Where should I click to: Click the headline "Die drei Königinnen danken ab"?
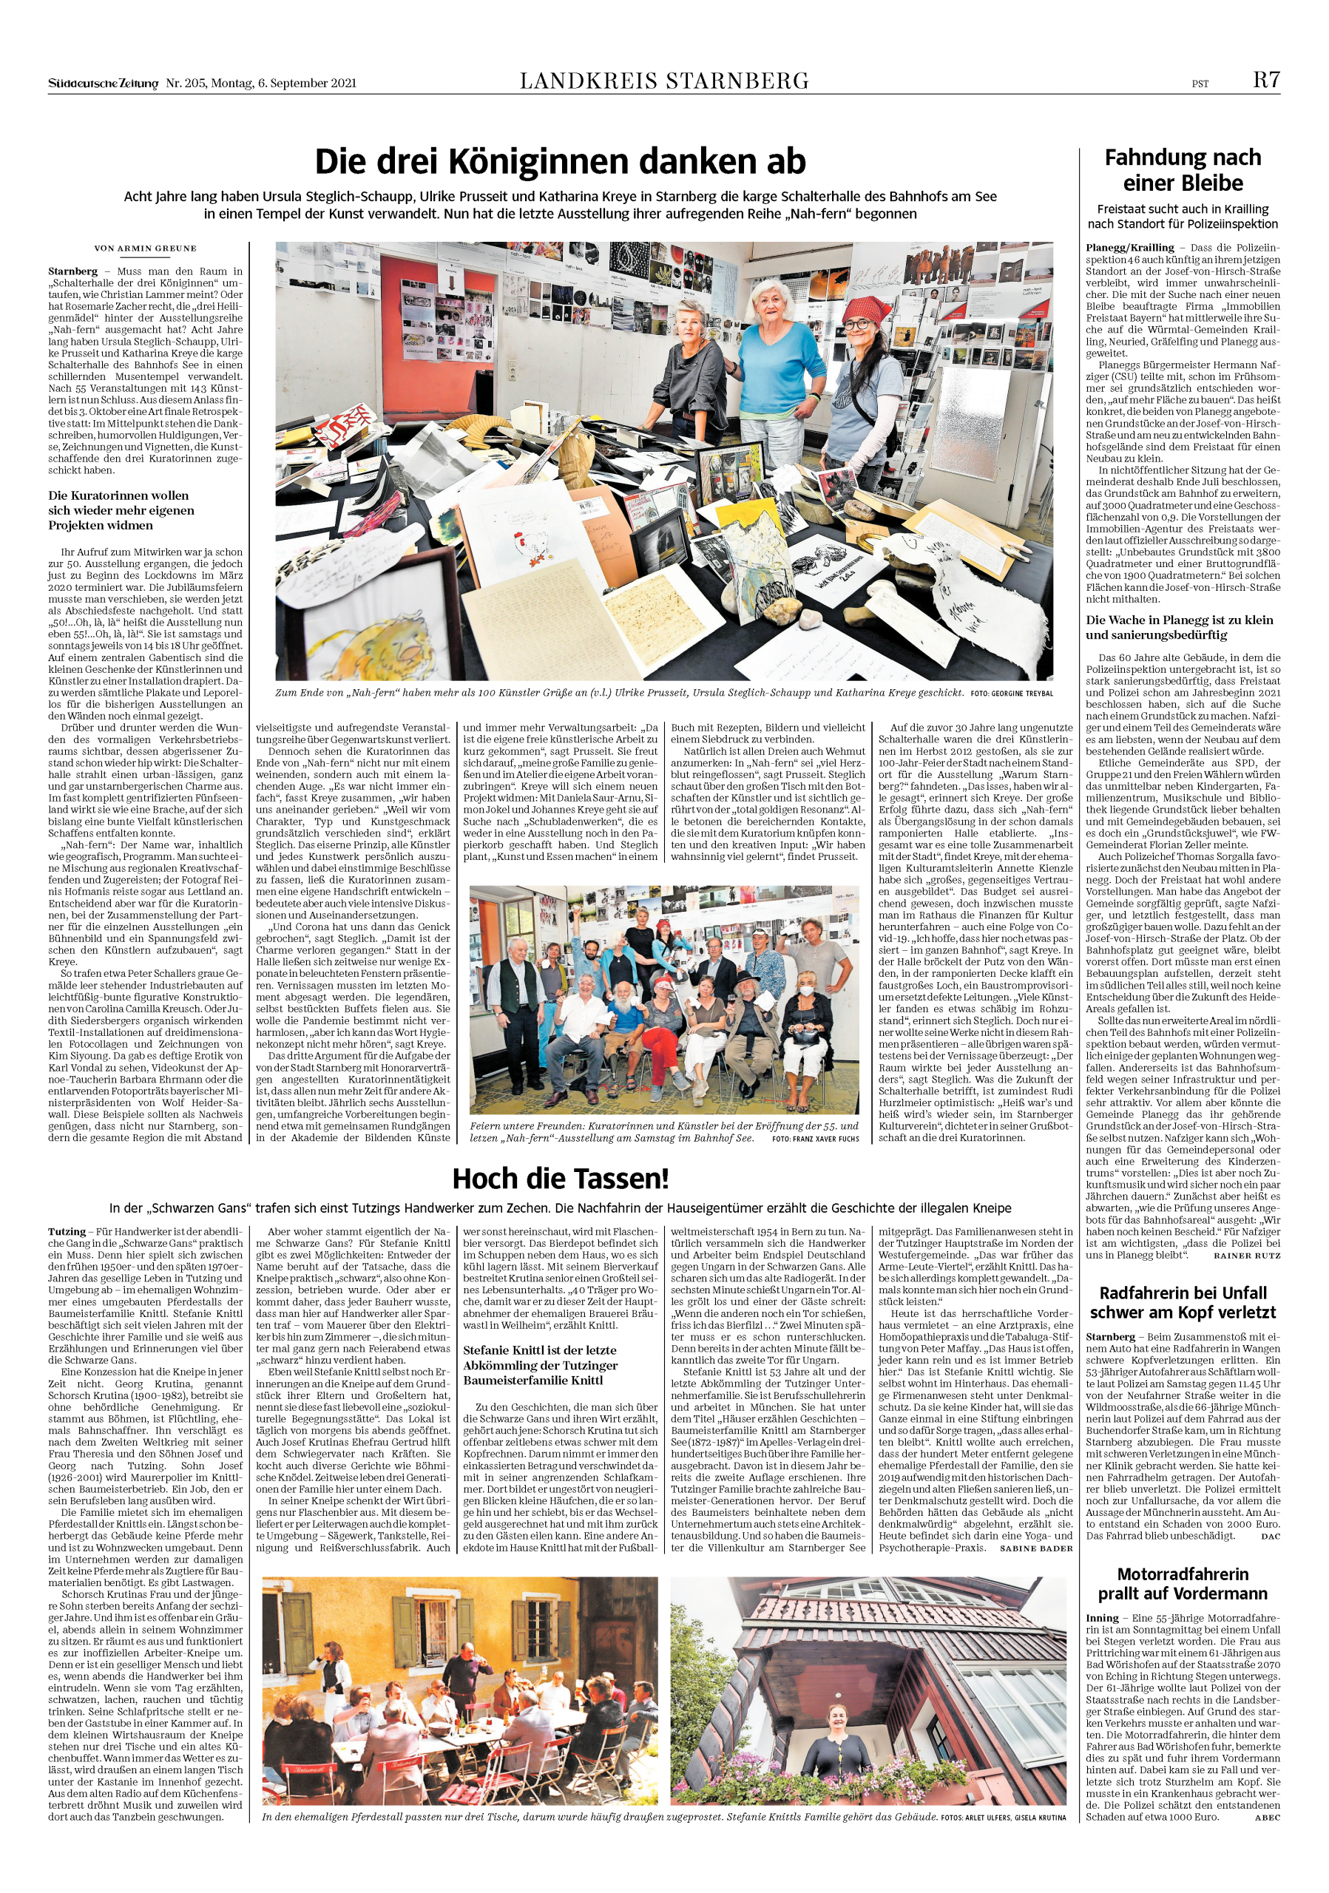[x=560, y=162]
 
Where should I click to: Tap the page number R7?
[x=1266, y=80]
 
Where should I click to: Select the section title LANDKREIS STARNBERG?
[x=663, y=81]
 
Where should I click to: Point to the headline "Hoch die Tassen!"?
[x=560, y=1179]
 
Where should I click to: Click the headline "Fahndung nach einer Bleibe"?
[x=1183, y=170]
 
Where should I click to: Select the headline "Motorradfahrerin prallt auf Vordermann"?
[x=1183, y=1584]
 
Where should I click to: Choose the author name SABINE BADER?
[x=1035, y=1548]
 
